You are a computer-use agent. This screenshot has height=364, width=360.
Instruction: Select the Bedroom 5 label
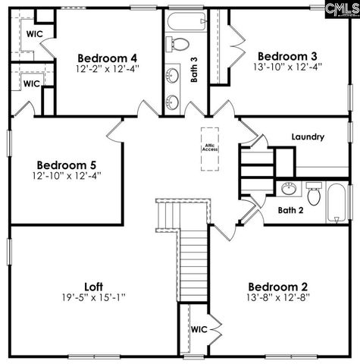[66, 164]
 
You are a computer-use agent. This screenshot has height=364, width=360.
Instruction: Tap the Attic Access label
[210, 146]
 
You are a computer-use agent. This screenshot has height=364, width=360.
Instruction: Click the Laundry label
[308, 137]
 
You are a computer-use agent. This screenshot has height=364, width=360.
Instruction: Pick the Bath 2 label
[290, 210]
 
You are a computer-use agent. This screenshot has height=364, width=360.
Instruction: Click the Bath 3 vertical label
[194, 69]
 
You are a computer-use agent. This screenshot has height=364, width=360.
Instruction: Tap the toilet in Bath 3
[179, 43]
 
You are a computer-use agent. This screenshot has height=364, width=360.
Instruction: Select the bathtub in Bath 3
[186, 21]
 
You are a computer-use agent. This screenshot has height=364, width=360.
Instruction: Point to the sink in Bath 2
[288, 189]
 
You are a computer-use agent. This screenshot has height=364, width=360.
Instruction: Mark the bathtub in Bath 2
[338, 202]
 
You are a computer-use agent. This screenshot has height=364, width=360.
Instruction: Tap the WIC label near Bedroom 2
[199, 329]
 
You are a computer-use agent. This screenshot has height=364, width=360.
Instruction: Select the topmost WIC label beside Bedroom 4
[34, 34]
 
